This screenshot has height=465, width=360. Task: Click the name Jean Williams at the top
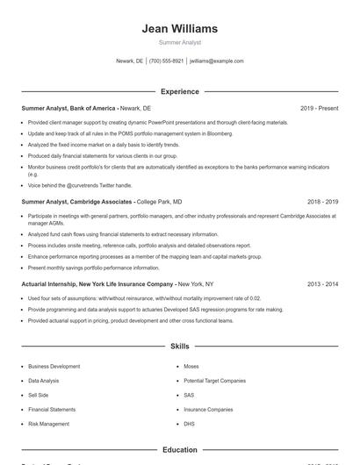(179, 29)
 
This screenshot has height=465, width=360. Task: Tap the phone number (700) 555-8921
(166, 61)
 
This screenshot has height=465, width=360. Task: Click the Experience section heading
(179, 91)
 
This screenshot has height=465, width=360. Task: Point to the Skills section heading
(179, 347)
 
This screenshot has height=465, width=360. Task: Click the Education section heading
(179, 450)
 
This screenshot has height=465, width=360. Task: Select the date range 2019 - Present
(320, 108)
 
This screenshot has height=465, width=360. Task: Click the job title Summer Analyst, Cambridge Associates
(77, 202)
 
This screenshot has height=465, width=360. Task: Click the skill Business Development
(54, 366)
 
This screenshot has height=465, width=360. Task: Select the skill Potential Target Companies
(214, 381)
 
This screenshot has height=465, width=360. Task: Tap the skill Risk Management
(48, 424)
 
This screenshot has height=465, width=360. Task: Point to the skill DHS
(190, 424)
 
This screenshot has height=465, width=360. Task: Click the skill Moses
(191, 366)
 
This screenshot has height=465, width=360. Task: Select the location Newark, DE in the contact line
(128, 61)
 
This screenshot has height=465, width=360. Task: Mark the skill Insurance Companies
(208, 410)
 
